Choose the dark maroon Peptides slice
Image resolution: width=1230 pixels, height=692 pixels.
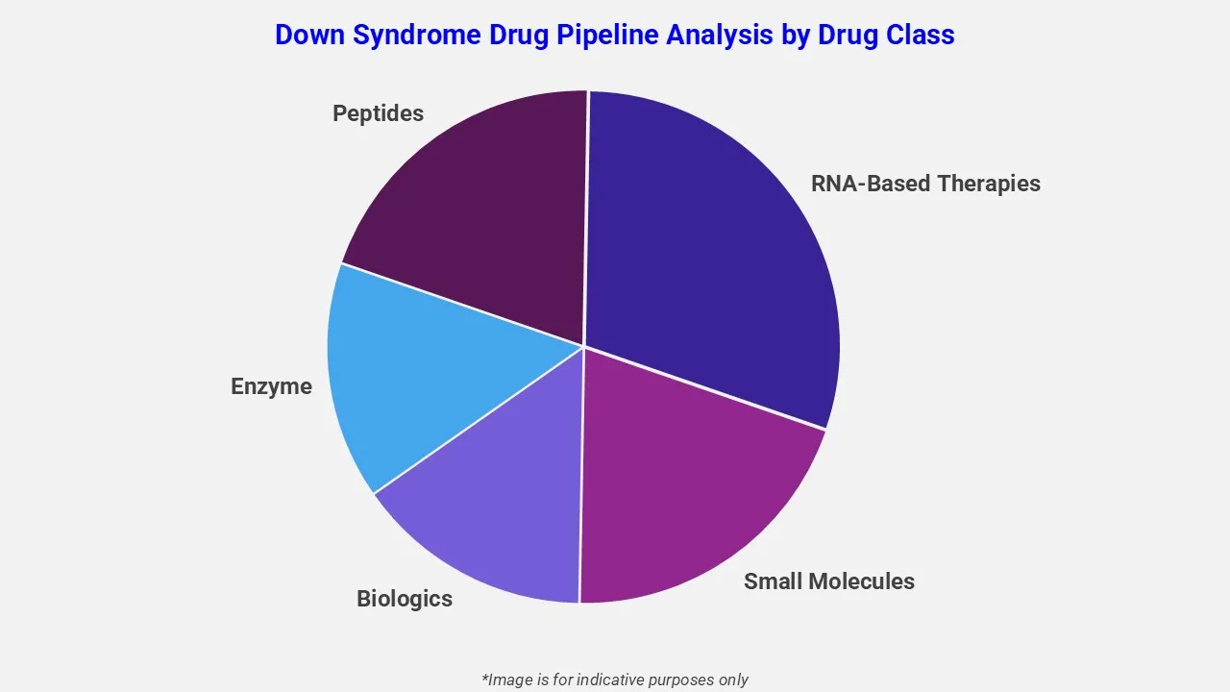tap(480, 211)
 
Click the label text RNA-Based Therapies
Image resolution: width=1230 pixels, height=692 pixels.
tap(925, 184)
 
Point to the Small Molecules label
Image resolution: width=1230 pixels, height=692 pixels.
tap(828, 581)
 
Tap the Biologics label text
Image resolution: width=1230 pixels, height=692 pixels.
tap(404, 599)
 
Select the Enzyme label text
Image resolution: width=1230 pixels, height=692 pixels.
tap(271, 386)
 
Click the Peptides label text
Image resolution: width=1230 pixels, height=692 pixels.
tap(378, 113)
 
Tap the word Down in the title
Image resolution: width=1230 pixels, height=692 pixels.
tap(309, 36)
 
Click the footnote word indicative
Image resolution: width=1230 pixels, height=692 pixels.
tap(606, 680)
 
